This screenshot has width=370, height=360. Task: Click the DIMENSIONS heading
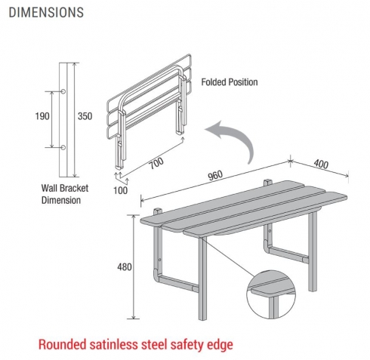click(x=46, y=12)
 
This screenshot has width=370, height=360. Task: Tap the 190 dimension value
click(x=42, y=116)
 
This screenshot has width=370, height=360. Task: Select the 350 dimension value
click(x=85, y=116)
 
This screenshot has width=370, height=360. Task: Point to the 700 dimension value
click(x=156, y=164)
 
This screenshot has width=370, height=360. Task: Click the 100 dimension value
click(x=120, y=190)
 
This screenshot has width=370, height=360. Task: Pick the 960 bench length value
click(x=215, y=175)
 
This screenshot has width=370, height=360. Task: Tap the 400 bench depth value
click(x=321, y=164)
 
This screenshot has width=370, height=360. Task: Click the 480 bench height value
click(x=125, y=267)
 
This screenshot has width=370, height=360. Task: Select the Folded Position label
click(x=230, y=82)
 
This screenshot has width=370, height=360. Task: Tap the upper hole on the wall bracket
click(x=63, y=91)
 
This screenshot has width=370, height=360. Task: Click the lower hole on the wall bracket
click(x=63, y=147)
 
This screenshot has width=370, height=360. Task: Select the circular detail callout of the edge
click(x=271, y=294)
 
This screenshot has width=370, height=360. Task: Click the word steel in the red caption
click(x=154, y=344)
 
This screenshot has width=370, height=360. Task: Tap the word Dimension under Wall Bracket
click(x=61, y=200)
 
